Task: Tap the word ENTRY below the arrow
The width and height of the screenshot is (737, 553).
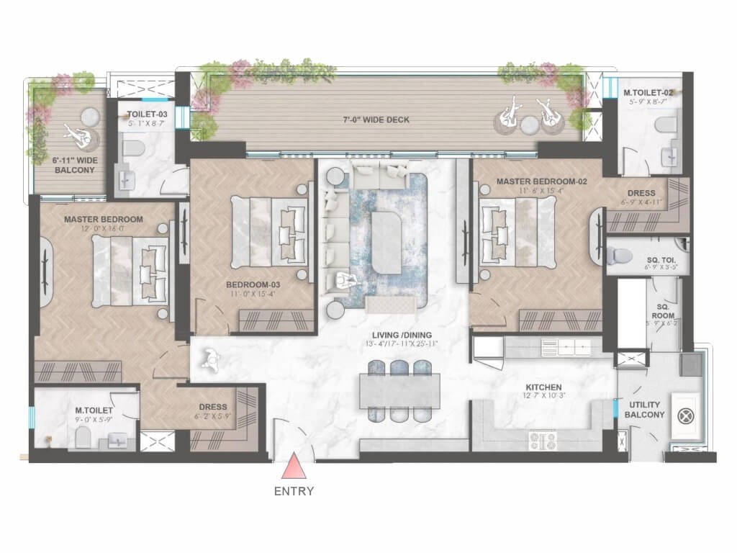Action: click(x=294, y=493)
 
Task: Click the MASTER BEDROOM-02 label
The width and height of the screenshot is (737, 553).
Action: click(x=542, y=181)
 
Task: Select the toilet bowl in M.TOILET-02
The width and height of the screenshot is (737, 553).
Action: click(x=664, y=127)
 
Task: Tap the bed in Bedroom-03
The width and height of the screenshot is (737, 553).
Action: click(x=266, y=230)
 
